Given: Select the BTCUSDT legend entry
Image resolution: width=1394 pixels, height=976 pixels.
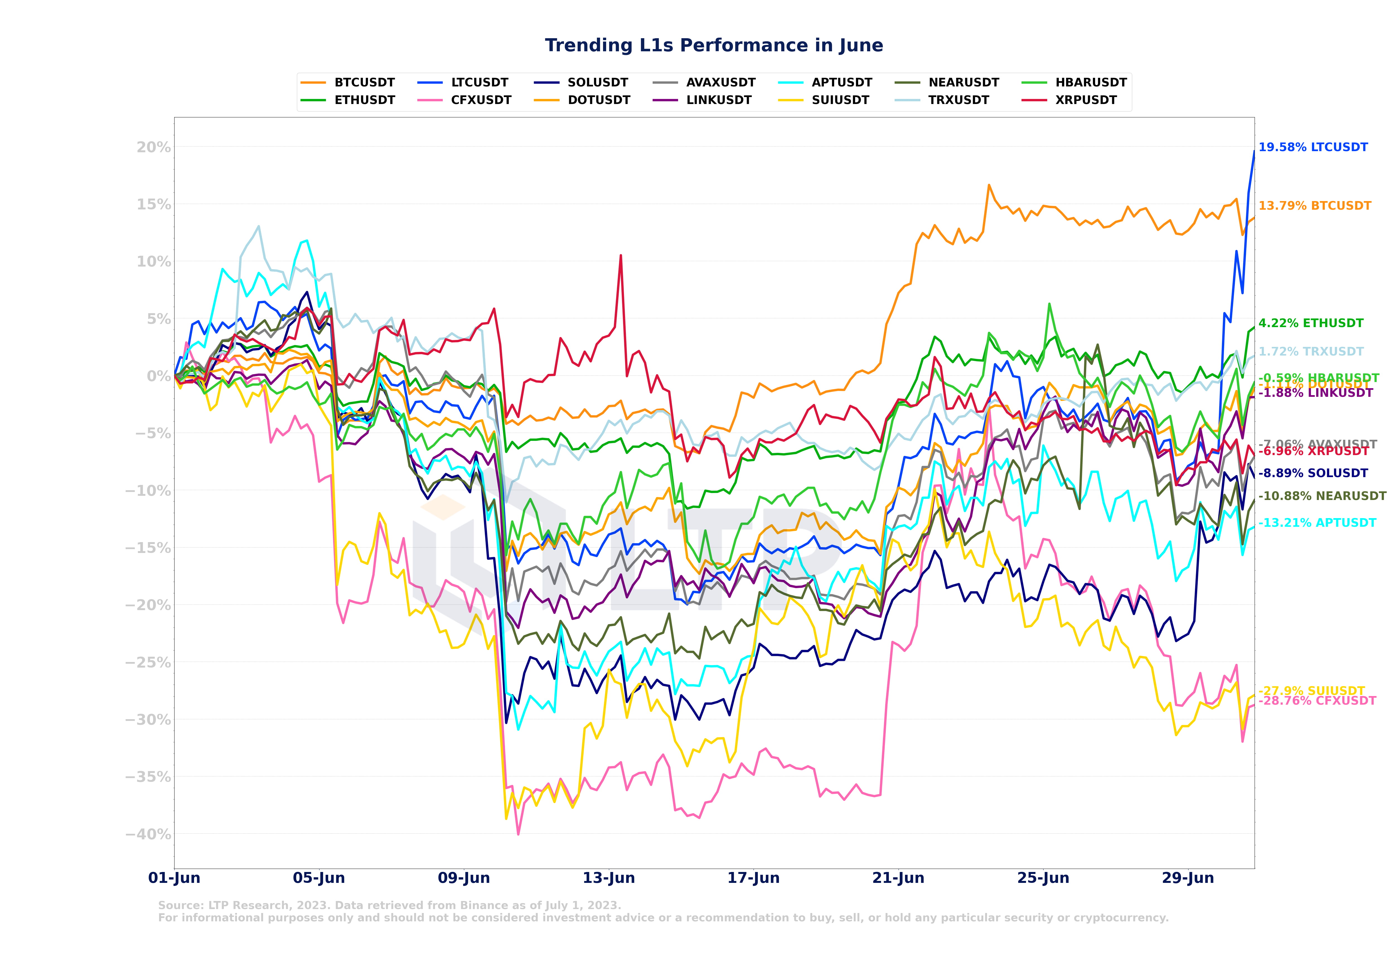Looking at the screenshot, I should coord(364,83).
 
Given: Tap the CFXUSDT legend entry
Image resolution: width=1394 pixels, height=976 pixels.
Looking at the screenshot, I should coord(481,100).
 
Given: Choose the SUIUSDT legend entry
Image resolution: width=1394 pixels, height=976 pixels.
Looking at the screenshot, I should coord(840,100).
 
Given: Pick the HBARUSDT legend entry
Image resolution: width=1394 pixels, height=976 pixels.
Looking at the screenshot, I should coord(1090,83).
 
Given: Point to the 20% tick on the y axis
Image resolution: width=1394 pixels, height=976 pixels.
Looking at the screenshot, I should coord(154,148).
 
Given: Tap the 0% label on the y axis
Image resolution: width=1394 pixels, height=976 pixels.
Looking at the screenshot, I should coord(159,376).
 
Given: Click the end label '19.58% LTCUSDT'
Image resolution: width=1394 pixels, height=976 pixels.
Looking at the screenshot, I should coord(1313,148).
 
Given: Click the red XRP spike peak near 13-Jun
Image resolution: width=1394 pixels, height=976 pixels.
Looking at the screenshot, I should coord(621,256).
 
